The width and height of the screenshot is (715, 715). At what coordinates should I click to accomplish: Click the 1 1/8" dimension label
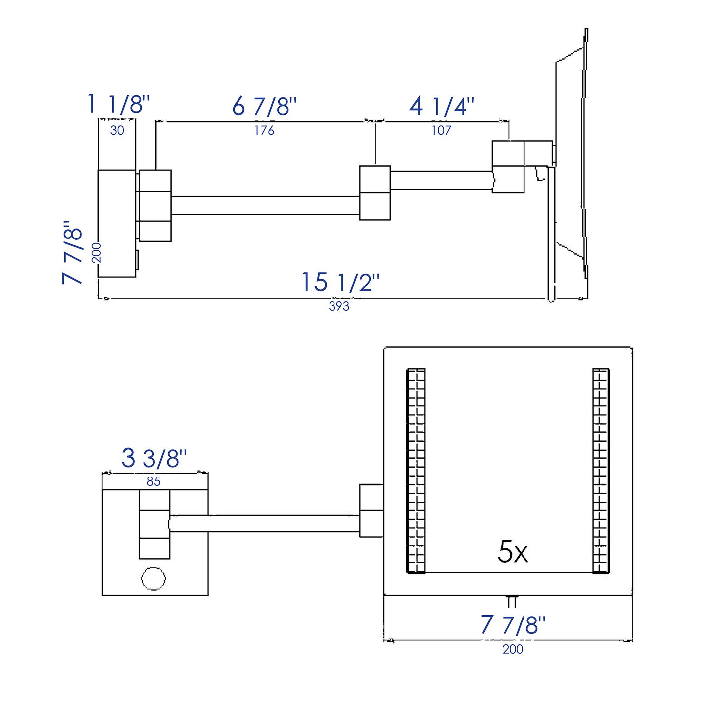click(118, 104)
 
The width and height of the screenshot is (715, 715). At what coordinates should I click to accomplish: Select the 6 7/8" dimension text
click(264, 106)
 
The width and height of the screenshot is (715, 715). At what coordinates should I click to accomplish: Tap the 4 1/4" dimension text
click(441, 106)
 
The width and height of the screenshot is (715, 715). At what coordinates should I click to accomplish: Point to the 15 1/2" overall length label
click(340, 283)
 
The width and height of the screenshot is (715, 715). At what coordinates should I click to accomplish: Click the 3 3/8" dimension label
click(154, 458)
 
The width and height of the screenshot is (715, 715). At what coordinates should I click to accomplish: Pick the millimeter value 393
click(339, 306)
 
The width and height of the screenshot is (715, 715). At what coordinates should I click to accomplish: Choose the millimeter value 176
click(264, 130)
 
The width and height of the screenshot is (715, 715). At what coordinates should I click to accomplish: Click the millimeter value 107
click(441, 130)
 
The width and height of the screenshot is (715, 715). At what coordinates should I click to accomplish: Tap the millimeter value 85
click(153, 481)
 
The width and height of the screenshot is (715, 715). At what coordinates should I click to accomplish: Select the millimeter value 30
click(117, 131)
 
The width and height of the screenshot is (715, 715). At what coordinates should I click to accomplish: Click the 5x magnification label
click(513, 552)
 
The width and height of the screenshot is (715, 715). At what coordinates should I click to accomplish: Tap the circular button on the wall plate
click(153, 578)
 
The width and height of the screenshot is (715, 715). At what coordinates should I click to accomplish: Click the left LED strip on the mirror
click(416, 471)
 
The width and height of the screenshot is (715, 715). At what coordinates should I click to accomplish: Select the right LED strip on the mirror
click(601, 471)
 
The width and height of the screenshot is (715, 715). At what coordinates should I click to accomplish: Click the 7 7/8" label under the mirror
click(513, 625)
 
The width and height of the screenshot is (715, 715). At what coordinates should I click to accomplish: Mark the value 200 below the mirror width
click(513, 649)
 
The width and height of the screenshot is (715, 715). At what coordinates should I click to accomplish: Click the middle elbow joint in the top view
click(375, 192)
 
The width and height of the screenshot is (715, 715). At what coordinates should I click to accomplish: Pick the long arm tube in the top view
click(265, 205)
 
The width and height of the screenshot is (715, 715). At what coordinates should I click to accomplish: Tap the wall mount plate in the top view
click(117, 223)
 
